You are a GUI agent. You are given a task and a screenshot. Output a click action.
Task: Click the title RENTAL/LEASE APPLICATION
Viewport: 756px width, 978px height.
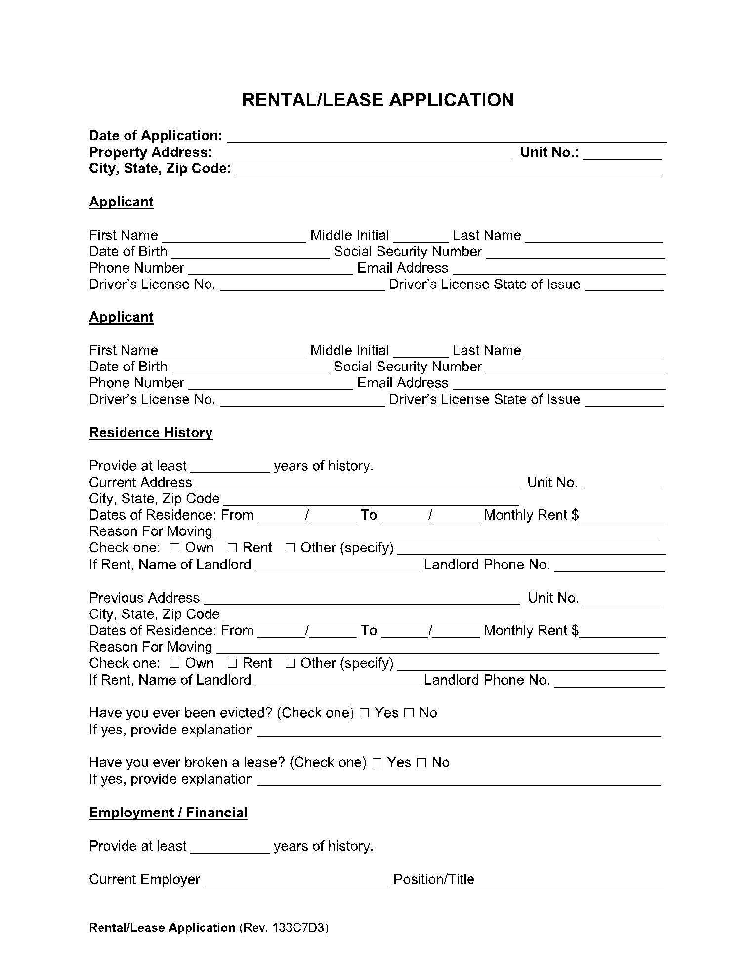point(378,100)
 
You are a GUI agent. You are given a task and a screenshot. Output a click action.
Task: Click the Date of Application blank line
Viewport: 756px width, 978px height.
point(446,137)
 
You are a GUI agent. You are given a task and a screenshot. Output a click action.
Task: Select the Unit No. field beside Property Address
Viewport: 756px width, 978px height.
point(622,153)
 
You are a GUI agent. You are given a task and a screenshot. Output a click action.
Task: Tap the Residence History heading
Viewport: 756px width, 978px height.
point(151,433)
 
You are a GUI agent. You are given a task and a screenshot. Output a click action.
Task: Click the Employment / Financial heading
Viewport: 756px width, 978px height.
point(168,813)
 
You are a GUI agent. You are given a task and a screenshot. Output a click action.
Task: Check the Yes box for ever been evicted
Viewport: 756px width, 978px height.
point(364,713)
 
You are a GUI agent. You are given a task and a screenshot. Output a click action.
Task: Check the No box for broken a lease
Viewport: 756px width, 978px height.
point(421,763)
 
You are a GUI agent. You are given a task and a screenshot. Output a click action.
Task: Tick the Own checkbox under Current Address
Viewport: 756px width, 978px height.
point(175,548)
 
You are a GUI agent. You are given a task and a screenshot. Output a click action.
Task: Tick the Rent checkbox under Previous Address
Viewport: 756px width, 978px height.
point(233,664)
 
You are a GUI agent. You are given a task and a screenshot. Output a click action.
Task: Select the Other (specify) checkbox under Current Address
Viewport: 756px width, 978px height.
point(291,548)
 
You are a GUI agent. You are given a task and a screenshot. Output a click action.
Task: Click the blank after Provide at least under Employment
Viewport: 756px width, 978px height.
point(230,847)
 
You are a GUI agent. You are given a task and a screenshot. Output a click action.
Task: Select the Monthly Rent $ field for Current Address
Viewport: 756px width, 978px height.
point(623,516)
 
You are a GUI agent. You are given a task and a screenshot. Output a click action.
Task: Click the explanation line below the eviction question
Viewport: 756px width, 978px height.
point(459,731)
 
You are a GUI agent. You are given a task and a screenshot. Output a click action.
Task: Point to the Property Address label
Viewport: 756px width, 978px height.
point(151,152)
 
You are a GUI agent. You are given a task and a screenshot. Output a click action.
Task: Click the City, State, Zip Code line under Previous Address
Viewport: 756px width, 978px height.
point(374,615)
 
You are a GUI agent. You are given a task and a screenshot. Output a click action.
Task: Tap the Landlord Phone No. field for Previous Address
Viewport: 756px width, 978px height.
point(610,681)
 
